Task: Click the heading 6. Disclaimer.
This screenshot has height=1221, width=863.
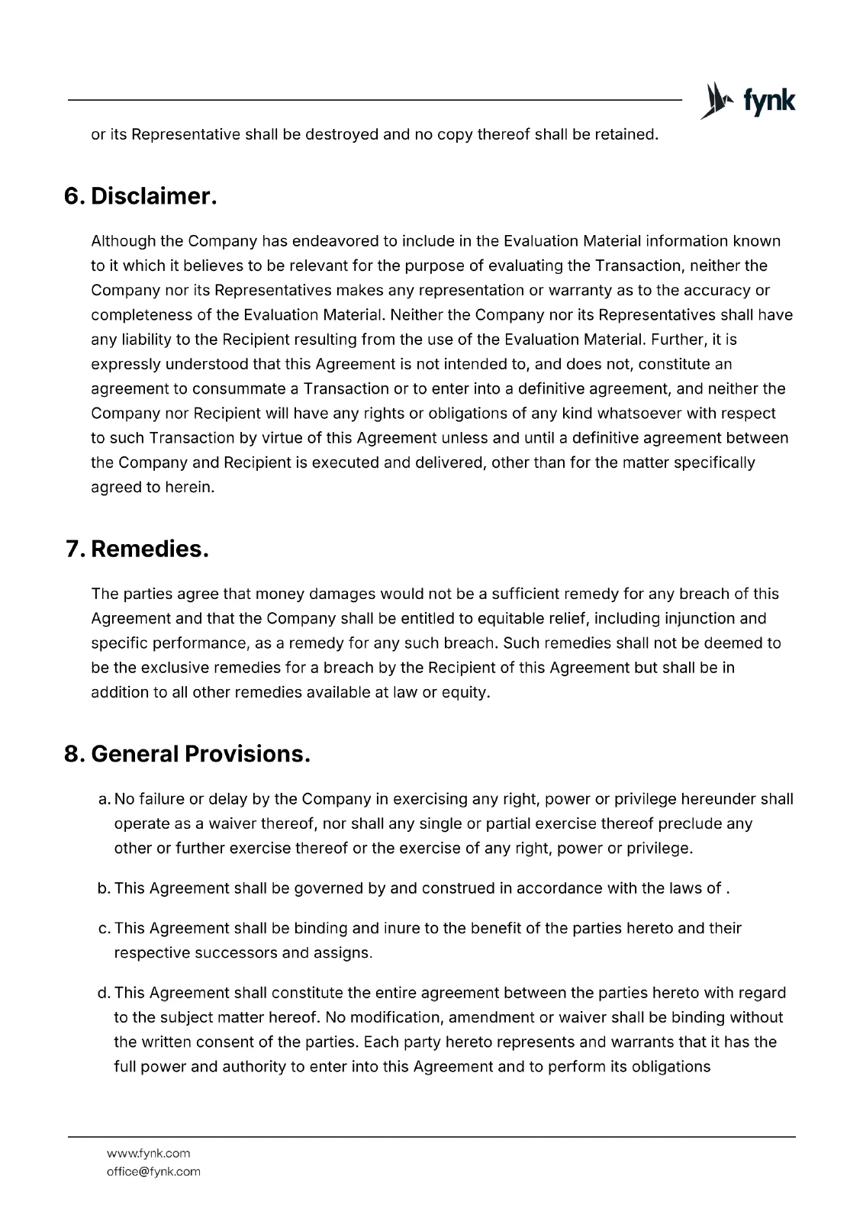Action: click(140, 196)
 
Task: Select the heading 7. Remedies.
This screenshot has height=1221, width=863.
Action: click(137, 549)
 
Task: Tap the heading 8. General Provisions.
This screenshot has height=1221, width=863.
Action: click(187, 754)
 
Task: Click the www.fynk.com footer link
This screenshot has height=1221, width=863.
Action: click(148, 1153)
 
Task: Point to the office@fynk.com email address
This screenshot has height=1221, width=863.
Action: click(153, 1171)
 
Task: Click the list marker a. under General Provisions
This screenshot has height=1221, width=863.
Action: click(105, 799)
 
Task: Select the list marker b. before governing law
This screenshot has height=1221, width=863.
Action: click(105, 888)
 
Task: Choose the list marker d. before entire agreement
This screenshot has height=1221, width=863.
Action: click(105, 993)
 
